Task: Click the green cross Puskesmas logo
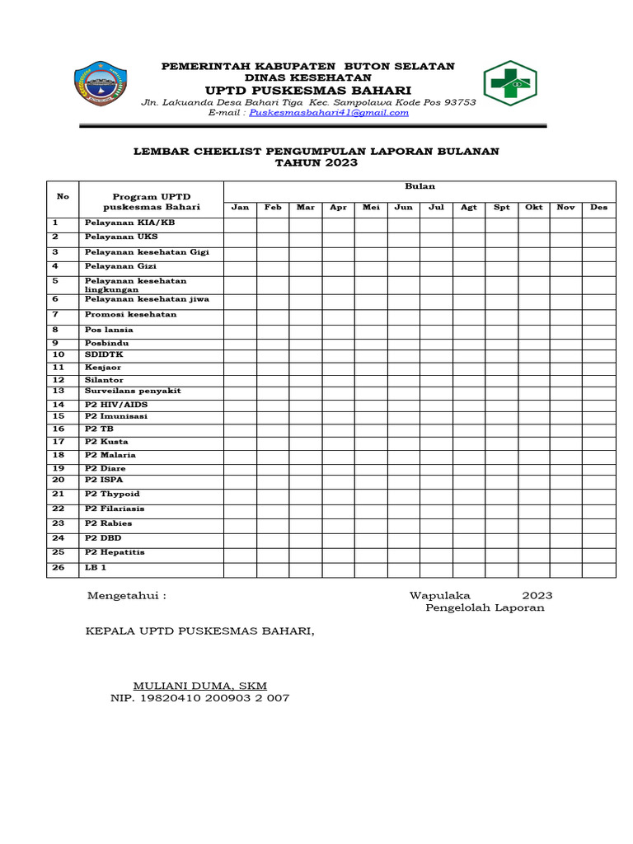[x=509, y=83]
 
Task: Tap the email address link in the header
[x=329, y=113]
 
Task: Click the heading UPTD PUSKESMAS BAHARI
[x=308, y=90]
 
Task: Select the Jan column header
[x=240, y=208]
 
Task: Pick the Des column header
[x=598, y=208]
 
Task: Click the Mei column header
[x=371, y=208]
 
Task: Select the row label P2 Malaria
[x=110, y=455]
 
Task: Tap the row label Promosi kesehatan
[x=130, y=315]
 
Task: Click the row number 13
[x=59, y=391]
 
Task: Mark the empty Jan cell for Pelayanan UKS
[x=240, y=238]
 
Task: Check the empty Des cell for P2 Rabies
[x=598, y=524]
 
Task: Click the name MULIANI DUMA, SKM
[x=200, y=686]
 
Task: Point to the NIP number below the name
[x=199, y=698]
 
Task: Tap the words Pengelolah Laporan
[x=485, y=608]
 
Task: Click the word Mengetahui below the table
[x=126, y=596]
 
